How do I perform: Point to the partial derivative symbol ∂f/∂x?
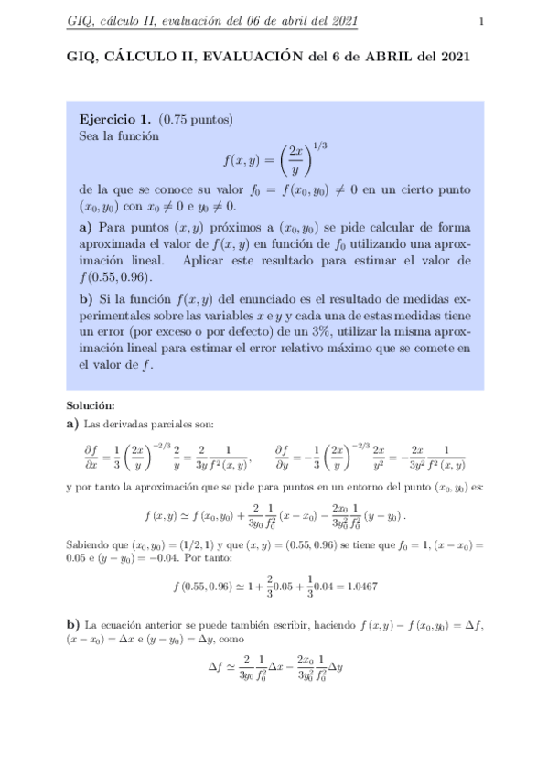point(91,456)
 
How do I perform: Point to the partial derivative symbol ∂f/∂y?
point(285,456)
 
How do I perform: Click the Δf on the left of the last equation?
point(216,666)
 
